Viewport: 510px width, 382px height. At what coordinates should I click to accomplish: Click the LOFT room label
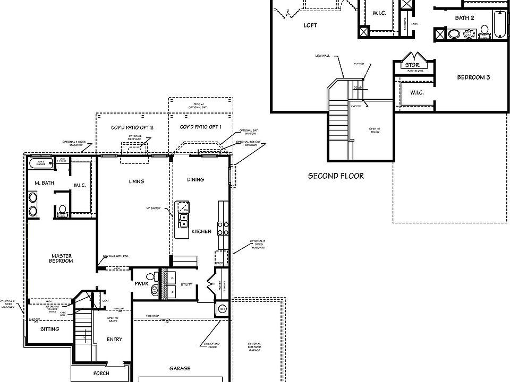[x=311, y=25]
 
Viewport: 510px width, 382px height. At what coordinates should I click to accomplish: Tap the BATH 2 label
[x=464, y=18]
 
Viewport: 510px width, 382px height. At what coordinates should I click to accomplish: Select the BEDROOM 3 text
[x=473, y=77]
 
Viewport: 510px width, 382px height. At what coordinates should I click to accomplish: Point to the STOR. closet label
[x=413, y=65]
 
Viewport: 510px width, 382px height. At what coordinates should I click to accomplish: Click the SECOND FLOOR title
[x=336, y=176]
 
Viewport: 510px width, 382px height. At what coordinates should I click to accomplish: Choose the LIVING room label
[x=137, y=181]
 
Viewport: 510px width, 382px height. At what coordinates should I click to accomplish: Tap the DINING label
[x=195, y=179]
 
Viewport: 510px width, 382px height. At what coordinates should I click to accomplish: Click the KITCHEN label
[x=201, y=231]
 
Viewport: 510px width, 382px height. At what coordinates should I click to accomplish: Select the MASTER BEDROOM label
[x=62, y=258]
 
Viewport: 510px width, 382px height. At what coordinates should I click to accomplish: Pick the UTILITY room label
[x=186, y=285]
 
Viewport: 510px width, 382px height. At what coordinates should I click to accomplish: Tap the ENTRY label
[x=114, y=340]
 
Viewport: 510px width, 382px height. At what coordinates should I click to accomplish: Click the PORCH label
[x=100, y=374]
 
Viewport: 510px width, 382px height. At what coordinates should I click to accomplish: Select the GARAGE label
[x=180, y=368]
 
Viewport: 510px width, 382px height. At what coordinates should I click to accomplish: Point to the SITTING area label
[x=50, y=329]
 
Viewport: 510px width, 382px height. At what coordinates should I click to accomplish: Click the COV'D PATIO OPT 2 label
[x=132, y=127]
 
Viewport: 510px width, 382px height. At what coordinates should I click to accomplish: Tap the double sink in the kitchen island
[x=184, y=220]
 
